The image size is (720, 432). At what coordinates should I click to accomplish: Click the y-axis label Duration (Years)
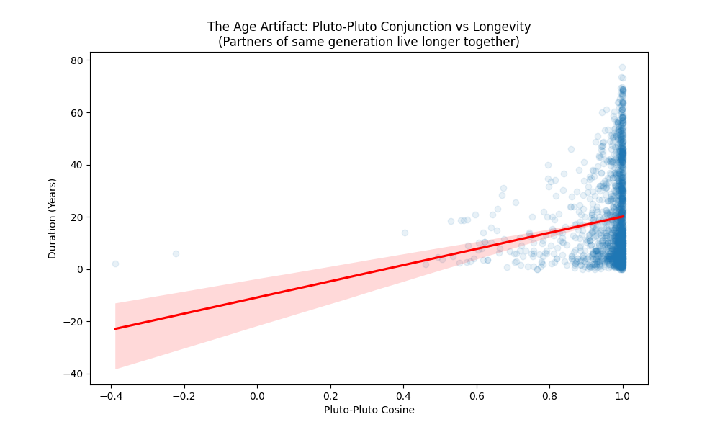click(x=53, y=219)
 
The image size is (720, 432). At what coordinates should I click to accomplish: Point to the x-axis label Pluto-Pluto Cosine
click(x=369, y=410)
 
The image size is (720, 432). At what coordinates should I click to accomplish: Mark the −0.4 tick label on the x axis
click(x=110, y=396)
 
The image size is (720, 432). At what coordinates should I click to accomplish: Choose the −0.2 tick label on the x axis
click(x=184, y=396)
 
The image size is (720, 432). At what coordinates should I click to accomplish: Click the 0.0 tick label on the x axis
click(x=257, y=396)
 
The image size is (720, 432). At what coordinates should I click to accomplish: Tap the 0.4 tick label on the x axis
click(x=403, y=396)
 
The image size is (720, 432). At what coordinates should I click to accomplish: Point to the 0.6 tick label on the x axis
click(x=477, y=396)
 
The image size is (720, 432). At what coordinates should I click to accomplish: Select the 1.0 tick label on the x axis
click(x=623, y=396)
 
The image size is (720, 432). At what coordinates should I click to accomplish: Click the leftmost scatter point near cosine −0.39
click(x=115, y=264)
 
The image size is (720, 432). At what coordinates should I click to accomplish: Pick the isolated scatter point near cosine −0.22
click(x=176, y=253)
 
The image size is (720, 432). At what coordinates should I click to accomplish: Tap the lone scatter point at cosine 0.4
click(x=405, y=233)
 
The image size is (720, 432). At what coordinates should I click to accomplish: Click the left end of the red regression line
click(x=115, y=328)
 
